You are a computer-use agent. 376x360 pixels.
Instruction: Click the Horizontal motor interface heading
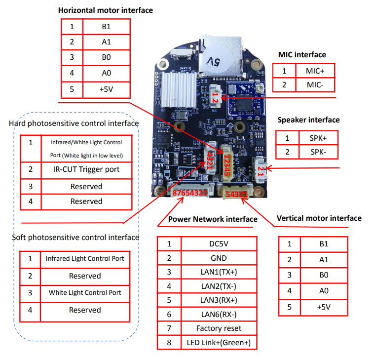tap(105, 10)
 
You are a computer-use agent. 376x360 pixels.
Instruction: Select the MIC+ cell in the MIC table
tap(314, 71)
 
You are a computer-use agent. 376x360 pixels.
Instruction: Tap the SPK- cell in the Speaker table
tap(318, 152)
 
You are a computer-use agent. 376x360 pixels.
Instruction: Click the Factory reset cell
tap(219, 328)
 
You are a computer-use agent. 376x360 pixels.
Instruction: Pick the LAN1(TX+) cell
tap(219, 272)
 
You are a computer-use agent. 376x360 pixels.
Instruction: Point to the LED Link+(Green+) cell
tap(219, 342)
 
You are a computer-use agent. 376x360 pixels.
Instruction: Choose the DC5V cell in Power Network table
tap(219, 244)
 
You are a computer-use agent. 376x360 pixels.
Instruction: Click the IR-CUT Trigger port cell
tap(86, 169)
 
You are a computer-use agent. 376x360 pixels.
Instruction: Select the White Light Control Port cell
tap(85, 292)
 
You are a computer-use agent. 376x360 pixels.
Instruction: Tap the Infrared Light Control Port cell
tap(85, 258)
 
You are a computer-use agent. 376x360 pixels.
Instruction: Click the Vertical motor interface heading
tap(319, 218)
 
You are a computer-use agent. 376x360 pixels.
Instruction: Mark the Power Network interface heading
tap(213, 219)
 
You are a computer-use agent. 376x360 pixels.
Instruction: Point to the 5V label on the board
tap(214, 62)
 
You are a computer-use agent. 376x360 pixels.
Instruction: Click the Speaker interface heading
tap(308, 120)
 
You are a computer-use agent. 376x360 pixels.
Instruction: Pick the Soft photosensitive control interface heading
tap(75, 238)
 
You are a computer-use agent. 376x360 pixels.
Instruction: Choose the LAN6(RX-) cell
tap(219, 314)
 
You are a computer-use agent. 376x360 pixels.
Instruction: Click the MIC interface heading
tap(302, 55)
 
